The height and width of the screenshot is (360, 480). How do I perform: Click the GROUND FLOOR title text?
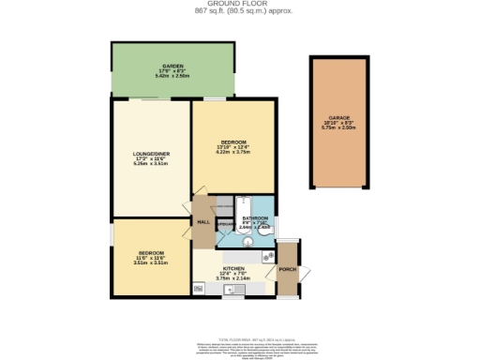(239, 4)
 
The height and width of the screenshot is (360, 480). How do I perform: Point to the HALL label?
(202, 221)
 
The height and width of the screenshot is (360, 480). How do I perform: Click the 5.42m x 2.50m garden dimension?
(171, 76)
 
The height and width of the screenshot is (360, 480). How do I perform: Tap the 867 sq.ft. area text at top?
(239, 11)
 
